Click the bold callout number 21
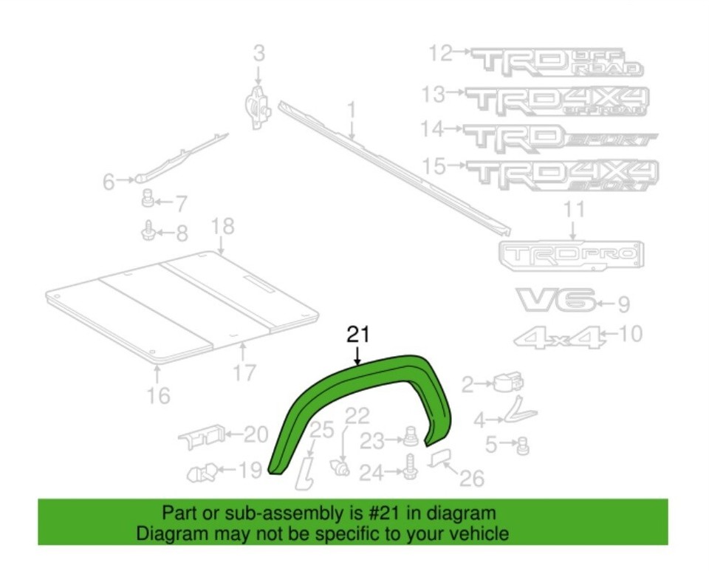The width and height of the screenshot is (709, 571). pyautogui.click(x=357, y=335)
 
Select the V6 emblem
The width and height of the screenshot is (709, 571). pyautogui.click(x=556, y=301)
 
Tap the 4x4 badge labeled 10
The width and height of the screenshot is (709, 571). pyautogui.click(x=560, y=338)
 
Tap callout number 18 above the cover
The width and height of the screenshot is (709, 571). pyautogui.click(x=222, y=226)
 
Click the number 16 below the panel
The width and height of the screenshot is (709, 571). pyautogui.click(x=158, y=395)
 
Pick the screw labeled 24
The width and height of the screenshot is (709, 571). pyautogui.click(x=408, y=468)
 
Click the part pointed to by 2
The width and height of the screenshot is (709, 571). pyautogui.click(x=510, y=383)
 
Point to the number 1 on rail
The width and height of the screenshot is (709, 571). pyautogui.click(x=352, y=112)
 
